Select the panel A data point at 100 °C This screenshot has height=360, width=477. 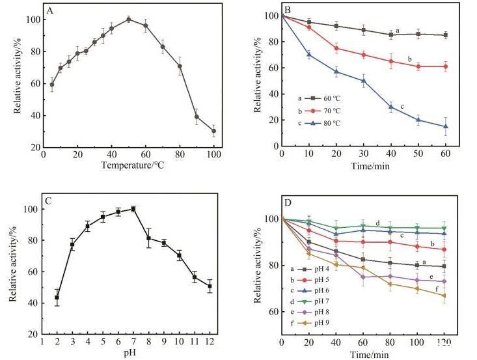pyautogui.click(x=213, y=131)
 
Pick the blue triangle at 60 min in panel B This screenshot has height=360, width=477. pyautogui.click(x=446, y=126)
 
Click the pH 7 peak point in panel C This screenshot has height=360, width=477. pyautogui.click(x=133, y=209)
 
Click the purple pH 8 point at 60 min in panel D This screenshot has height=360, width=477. pyautogui.click(x=363, y=277)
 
